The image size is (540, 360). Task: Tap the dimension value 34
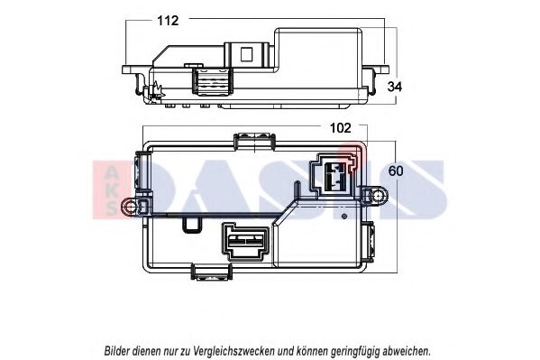click(394, 87)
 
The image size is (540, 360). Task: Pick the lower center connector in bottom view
click(245, 243)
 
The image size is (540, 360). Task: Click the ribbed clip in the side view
click(212, 84)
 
